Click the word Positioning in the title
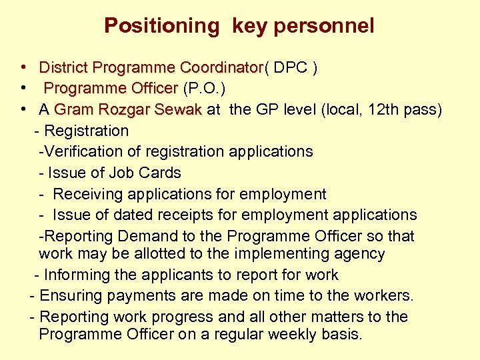coord(161,26)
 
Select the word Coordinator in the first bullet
coord(222,67)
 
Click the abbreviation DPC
coord(291,67)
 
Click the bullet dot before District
coord(23,67)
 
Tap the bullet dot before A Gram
coord(23,109)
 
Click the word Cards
coord(163,173)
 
